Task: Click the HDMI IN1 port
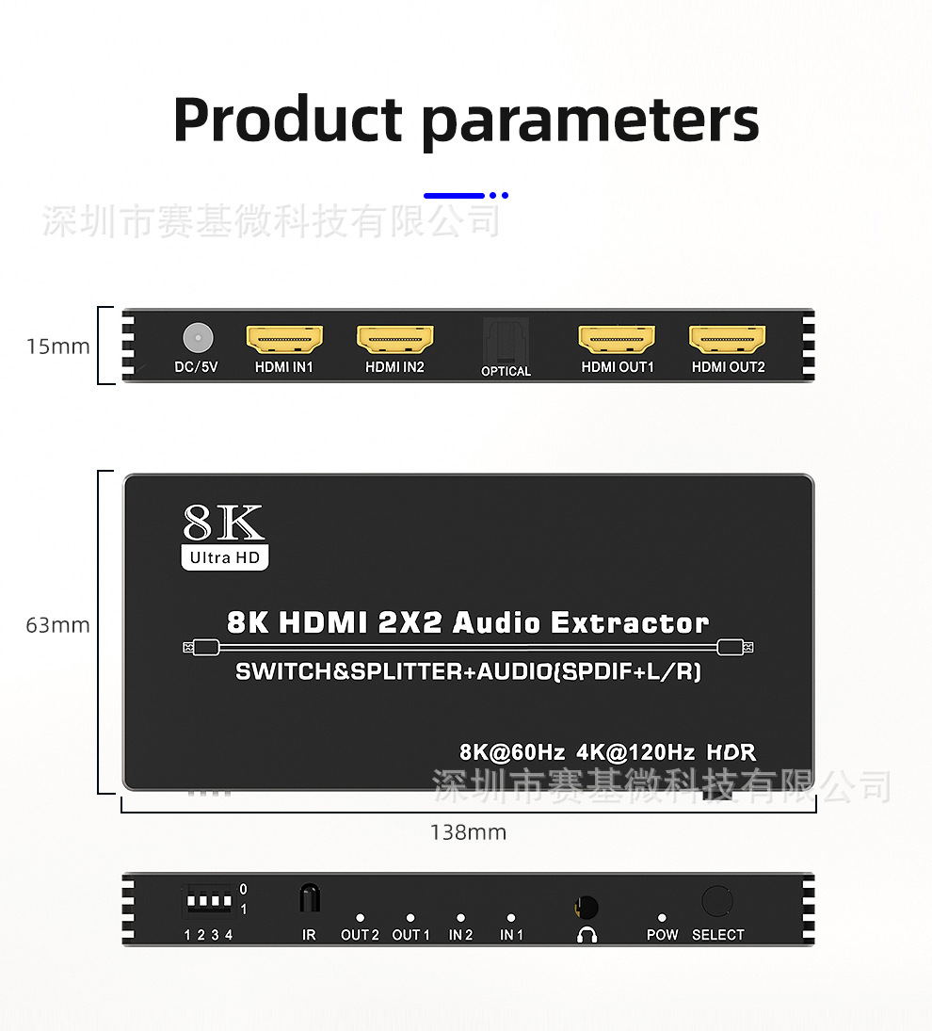pyautogui.click(x=284, y=339)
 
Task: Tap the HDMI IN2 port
pyautogui.click(x=395, y=339)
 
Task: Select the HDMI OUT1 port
pyautogui.click(x=617, y=339)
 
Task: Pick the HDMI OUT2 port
pyautogui.click(x=727, y=339)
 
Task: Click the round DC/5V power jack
pyautogui.click(x=198, y=338)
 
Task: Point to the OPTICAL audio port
pyautogui.click(x=506, y=339)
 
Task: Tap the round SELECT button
pyautogui.click(x=717, y=901)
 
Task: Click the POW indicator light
pyautogui.click(x=662, y=918)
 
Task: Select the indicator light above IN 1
pyautogui.click(x=511, y=918)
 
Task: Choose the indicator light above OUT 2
pyautogui.click(x=361, y=918)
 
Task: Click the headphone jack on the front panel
pyautogui.click(x=587, y=908)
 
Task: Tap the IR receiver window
pyautogui.click(x=310, y=898)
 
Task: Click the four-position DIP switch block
pyautogui.click(x=209, y=901)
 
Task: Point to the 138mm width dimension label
pyautogui.click(x=468, y=832)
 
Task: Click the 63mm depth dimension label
pyautogui.click(x=57, y=625)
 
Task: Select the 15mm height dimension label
pyautogui.click(x=57, y=346)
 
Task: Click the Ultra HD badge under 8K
pyautogui.click(x=225, y=557)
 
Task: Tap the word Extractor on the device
pyautogui.click(x=630, y=622)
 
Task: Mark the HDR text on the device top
pyautogui.click(x=731, y=752)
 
